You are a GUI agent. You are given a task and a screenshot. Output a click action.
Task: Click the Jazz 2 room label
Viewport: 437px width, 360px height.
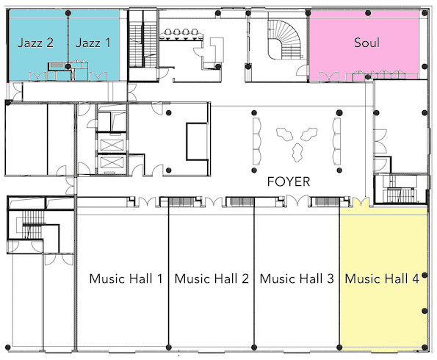click(35, 43)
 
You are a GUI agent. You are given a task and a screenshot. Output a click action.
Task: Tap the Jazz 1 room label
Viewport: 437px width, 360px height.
click(93, 43)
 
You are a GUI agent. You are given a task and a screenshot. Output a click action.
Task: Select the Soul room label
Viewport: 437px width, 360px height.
click(366, 43)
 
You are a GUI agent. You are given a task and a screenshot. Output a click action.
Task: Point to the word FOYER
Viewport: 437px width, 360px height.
click(289, 181)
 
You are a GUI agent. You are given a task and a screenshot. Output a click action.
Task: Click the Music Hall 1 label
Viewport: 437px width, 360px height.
click(126, 278)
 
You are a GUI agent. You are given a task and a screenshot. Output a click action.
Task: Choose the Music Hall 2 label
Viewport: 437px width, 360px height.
click(212, 278)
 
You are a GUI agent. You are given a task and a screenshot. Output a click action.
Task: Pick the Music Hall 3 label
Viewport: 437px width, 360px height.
click(297, 278)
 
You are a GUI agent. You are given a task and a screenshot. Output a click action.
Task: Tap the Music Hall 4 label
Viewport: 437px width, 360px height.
click(382, 278)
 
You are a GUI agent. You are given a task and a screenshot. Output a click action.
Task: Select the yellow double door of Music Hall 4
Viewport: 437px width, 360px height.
click(361, 201)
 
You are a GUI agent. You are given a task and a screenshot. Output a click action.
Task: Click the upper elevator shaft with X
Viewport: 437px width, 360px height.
click(112, 145)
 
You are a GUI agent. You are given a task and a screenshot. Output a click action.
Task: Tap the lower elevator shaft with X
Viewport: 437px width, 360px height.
click(112, 162)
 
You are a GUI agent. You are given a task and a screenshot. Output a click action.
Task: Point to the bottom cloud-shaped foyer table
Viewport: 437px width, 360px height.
click(297, 152)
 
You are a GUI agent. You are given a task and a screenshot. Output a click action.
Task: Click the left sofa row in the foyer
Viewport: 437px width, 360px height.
click(257, 141)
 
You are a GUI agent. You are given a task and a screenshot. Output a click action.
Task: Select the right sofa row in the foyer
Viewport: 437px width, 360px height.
click(337, 141)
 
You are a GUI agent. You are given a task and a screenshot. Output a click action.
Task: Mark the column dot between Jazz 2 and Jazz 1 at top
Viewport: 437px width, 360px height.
click(68, 12)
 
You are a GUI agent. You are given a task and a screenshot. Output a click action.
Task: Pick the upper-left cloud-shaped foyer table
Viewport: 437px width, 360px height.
click(284, 134)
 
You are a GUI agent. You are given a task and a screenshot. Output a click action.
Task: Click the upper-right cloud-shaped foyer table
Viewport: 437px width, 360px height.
click(308, 134)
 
